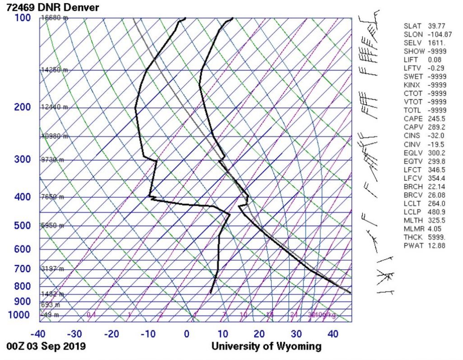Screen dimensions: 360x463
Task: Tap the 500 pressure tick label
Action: tap(22, 225)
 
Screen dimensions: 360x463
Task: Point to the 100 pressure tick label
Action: tap(22, 18)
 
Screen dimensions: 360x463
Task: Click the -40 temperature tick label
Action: tap(38, 334)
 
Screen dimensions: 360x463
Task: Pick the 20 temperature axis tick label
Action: tap(259, 334)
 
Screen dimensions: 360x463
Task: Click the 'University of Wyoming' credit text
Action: tap(266, 347)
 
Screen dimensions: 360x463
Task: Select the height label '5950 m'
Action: tap(52, 225)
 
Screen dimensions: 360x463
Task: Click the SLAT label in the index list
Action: tap(412, 26)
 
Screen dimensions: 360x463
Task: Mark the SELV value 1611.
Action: tap(436, 42)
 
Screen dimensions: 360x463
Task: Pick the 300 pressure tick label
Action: tap(22, 159)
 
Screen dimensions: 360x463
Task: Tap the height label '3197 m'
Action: tap(52, 269)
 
